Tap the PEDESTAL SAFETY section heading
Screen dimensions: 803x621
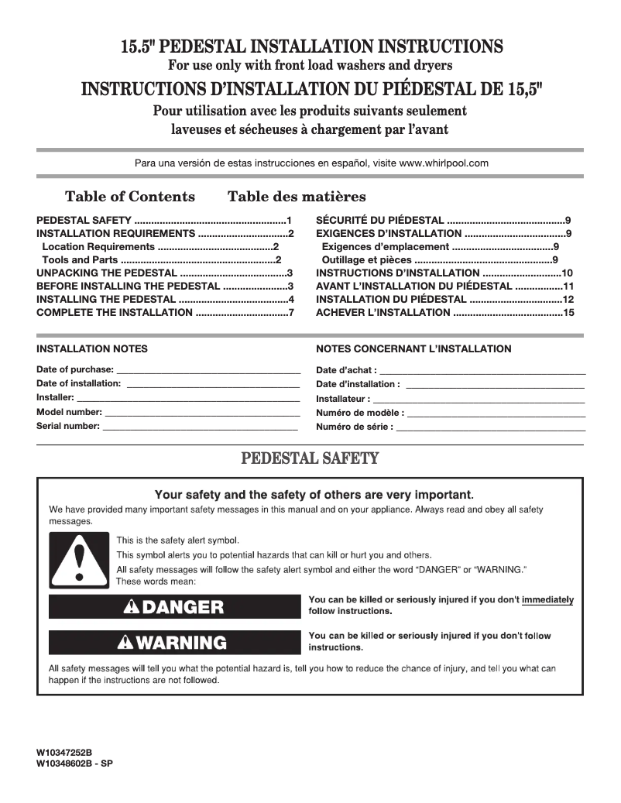pyautogui.click(x=310, y=458)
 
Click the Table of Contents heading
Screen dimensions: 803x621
pyautogui.click(x=130, y=197)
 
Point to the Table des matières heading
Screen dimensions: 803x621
pyautogui.click(x=297, y=197)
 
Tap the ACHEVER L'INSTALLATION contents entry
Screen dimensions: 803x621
pyautogui.click(x=383, y=312)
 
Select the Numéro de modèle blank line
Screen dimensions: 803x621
pyautogui.click(x=496, y=413)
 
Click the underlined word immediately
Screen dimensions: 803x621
pyautogui.click(x=547, y=599)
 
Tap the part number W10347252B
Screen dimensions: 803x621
pyautogui.click(x=64, y=752)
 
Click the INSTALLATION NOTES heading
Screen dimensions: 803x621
pyautogui.click(x=92, y=349)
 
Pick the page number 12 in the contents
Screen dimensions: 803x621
pyautogui.click(x=568, y=299)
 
